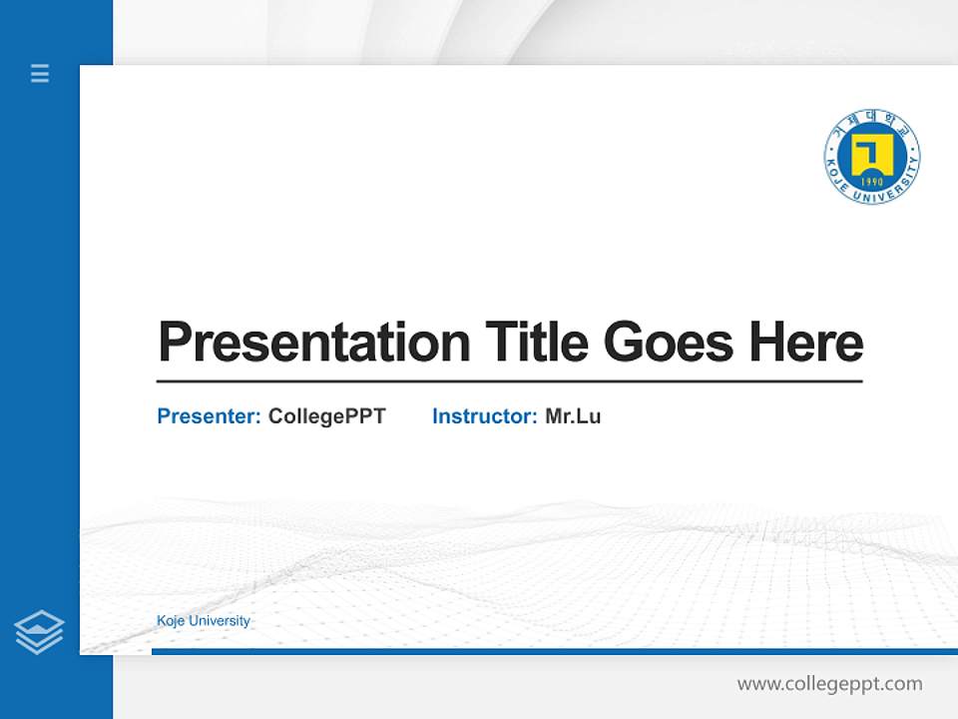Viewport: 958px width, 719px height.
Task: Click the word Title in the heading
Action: (x=535, y=343)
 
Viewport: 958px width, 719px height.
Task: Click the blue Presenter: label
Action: (x=209, y=416)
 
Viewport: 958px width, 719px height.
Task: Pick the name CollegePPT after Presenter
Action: (x=326, y=416)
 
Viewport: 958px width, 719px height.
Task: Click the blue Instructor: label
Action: (x=484, y=416)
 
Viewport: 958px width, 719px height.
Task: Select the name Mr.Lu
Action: (x=573, y=416)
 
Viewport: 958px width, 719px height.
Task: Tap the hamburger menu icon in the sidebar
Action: (x=40, y=73)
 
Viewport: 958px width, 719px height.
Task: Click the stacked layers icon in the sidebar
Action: (x=39, y=632)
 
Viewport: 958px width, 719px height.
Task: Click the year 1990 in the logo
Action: (x=872, y=183)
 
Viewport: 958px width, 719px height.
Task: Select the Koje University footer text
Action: (x=204, y=621)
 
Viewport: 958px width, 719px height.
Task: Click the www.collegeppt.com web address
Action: (x=829, y=684)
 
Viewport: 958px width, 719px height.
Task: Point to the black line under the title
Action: (x=509, y=381)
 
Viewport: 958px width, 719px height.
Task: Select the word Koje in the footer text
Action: (x=171, y=621)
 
